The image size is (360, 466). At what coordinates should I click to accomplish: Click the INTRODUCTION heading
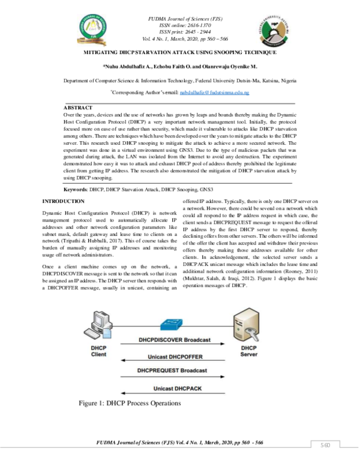(64, 201)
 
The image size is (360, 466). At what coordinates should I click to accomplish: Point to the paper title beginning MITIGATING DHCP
(179, 53)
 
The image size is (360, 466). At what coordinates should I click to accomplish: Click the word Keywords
(74, 189)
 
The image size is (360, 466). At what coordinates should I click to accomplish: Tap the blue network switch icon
(170, 324)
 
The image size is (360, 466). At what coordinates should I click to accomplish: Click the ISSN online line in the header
(179, 26)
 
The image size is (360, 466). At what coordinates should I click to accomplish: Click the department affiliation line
(179, 80)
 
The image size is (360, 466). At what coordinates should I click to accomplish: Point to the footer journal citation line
(180, 443)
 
